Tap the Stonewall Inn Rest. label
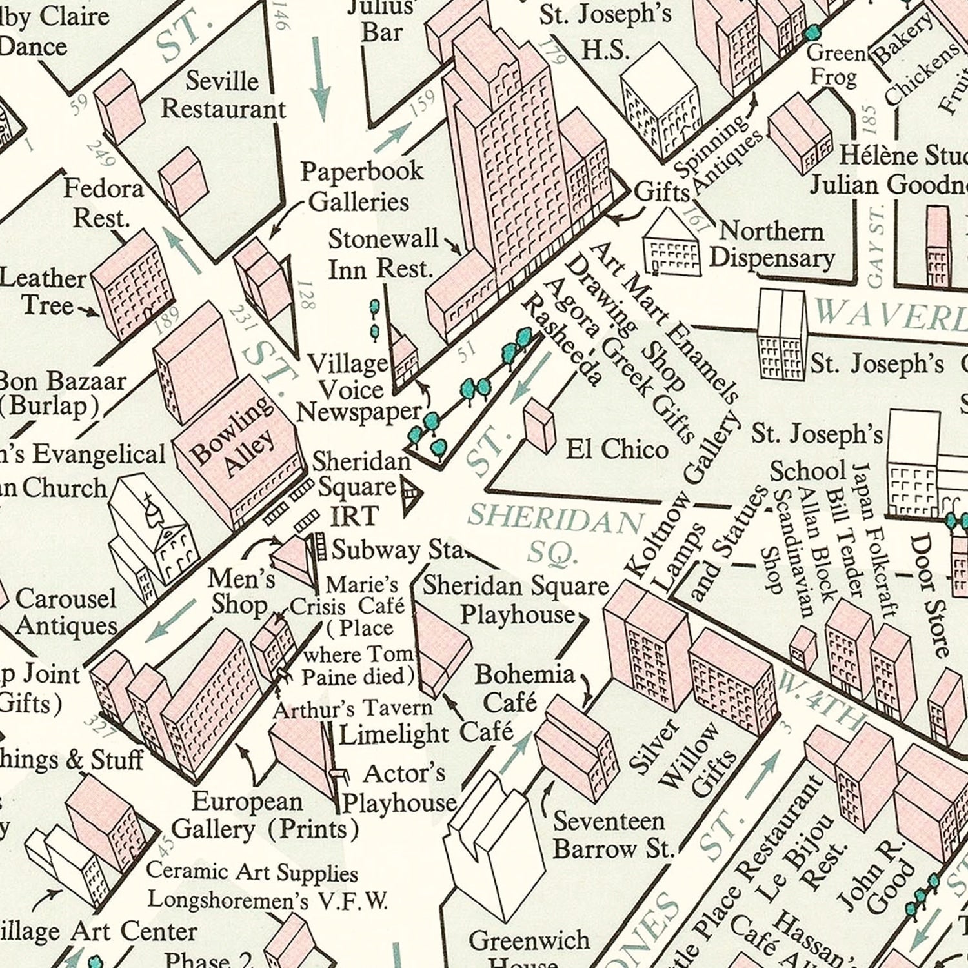(x=382, y=254)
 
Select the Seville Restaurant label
(x=223, y=95)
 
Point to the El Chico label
(x=616, y=449)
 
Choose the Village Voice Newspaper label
(x=365, y=388)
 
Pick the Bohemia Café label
(x=524, y=687)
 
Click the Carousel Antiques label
(x=66, y=612)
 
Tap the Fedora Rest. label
(x=103, y=203)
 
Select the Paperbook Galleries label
(x=361, y=187)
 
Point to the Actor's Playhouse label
(x=400, y=788)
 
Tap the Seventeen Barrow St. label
(x=609, y=834)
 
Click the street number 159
(x=422, y=103)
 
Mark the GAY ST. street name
(x=876, y=245)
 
